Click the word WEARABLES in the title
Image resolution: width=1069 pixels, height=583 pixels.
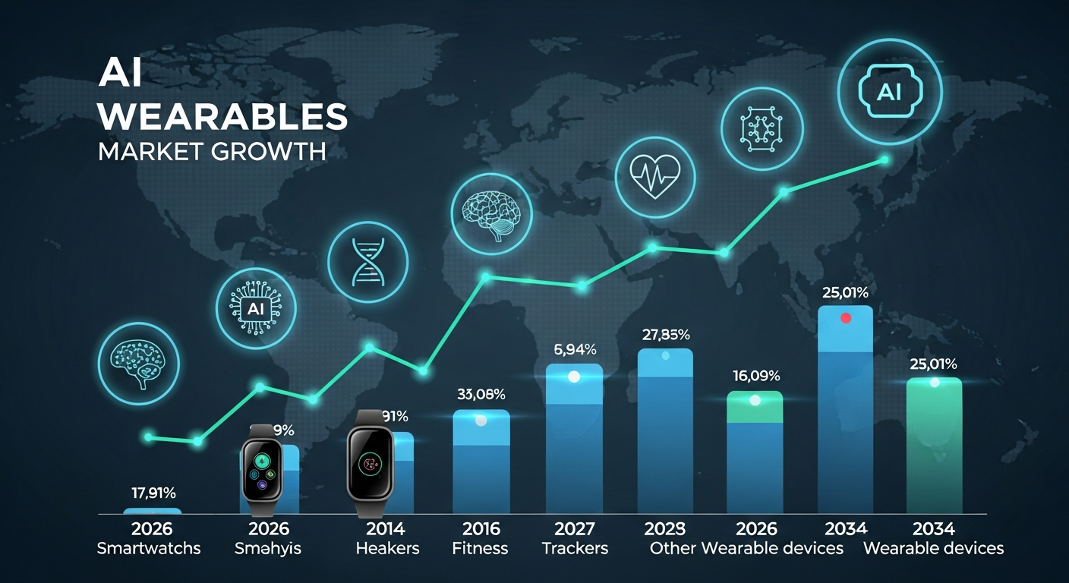[222, 117]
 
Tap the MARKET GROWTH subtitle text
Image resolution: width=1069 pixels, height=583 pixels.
[212, 150]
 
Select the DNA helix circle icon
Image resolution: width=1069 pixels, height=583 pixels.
[367, 262]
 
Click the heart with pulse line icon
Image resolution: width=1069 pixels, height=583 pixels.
[654, 172]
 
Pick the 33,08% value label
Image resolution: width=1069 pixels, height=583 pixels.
[481, 394]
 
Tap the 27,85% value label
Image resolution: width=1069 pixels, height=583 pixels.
[665, 334]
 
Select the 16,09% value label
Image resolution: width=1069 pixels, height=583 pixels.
[755, 376]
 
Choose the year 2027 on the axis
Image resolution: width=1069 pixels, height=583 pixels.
[575, 528]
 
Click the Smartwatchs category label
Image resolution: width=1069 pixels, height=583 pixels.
[149, 548]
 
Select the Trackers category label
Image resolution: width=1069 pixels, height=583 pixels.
[575, 548]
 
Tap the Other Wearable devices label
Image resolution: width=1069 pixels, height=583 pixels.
[747, 548]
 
